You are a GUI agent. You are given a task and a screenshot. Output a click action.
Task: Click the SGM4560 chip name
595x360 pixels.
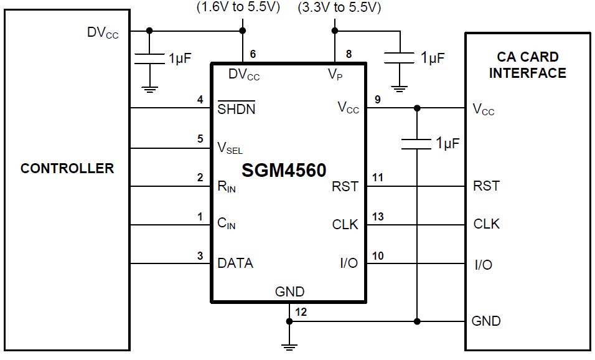point(284,169)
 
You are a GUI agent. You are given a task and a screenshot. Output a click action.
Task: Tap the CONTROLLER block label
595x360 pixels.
point(67,168)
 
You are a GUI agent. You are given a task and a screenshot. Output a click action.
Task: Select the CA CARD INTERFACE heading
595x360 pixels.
point(527,65)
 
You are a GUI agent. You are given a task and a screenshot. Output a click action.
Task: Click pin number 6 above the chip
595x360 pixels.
point(253,54)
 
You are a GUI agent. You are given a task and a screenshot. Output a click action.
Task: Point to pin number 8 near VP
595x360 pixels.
point(349,54)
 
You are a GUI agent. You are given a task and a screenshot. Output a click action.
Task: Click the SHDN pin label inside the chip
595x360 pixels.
point(236,109)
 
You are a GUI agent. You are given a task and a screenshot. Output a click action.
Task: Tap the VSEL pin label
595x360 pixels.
point(230,148)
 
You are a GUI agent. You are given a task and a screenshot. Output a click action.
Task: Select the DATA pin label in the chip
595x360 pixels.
point(235,263)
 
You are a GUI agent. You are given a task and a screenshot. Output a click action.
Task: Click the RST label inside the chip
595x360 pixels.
point(345,186)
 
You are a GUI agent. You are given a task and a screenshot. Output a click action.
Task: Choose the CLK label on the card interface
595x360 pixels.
point(486,224)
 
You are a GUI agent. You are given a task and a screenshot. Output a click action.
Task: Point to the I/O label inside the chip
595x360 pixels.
point(349,263)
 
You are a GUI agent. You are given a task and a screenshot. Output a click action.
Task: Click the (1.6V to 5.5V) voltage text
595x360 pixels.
point(238,7)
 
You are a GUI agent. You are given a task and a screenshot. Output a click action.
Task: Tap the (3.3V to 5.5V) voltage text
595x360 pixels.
point(339,7)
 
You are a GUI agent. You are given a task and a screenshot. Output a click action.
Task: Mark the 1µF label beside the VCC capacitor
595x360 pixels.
point(447,143)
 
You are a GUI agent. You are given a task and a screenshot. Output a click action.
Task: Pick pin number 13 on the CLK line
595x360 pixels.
point(378,217)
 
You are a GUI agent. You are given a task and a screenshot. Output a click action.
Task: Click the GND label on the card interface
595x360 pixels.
point(486,321)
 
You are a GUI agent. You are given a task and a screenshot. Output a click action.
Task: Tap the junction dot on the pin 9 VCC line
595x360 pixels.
point(416,108)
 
